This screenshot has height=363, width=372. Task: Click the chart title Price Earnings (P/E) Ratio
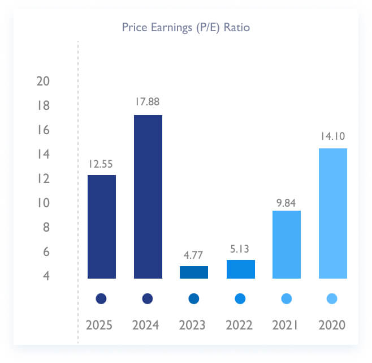click(186, 27)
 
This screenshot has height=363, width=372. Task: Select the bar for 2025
click(101, 227)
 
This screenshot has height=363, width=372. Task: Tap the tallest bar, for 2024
click(148, 197)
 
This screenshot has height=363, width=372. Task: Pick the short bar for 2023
click(194, 272)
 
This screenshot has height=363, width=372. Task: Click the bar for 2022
click(240, 270)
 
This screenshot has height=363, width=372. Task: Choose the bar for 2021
click(286, 245)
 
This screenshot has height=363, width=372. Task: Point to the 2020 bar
click(332, 213)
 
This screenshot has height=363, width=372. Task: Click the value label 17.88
click(148, 102)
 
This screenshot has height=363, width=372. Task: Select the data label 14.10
click(332, 136)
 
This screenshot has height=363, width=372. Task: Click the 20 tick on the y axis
click(43, 82)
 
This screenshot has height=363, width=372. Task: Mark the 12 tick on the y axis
click(43, 179)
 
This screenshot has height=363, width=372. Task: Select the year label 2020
click(332, 326)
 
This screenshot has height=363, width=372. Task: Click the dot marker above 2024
click(148, 298)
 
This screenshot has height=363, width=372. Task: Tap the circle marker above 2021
click(286, 298)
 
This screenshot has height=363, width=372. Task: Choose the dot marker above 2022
click(240, 298)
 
